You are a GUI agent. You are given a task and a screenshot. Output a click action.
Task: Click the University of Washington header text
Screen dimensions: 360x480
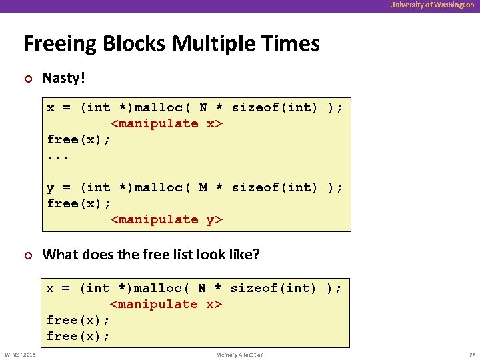pos(432,5)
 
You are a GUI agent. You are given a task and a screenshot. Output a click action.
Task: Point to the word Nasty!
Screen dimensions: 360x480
pos(64,78)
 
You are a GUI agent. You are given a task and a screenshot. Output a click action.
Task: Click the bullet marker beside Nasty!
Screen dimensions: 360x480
pos(27,79)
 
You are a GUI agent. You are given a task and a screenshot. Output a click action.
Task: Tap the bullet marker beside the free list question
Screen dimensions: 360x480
pos(27,255)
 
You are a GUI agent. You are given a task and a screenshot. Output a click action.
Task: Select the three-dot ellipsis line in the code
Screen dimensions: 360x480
pos(59,156)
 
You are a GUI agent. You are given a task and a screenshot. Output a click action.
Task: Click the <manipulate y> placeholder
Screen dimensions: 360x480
pos(166,219)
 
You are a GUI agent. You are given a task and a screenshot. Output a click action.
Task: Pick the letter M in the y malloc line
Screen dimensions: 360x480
pos(204,187)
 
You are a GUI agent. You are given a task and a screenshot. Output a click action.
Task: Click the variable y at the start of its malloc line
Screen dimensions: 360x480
pos(51,187)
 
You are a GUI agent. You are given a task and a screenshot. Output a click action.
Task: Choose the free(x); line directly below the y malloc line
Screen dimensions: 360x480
pos(79,203)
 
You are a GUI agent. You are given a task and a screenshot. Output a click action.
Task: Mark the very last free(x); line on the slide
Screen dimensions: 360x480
pos(79,336)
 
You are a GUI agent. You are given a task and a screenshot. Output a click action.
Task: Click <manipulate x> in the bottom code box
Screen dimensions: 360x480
pos(166,304)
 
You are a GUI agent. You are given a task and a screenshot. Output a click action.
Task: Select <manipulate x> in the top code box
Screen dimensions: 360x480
pos(166,123)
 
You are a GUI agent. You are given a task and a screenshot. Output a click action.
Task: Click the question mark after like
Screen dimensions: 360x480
pos(256,254)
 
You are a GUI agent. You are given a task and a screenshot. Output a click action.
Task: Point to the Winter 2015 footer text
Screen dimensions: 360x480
pos(20,355)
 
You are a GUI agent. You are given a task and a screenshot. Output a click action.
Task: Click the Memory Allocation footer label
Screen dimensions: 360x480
pos(240,355)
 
